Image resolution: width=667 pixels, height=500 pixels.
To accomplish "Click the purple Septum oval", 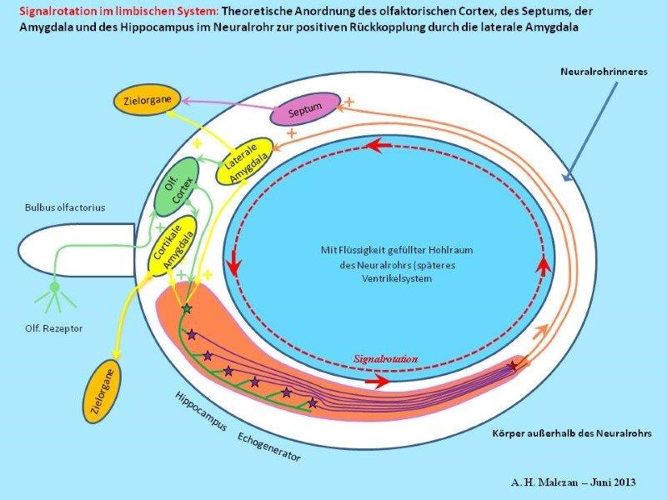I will coord(304,109).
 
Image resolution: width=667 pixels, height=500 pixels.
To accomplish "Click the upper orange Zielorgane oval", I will coord(149,100).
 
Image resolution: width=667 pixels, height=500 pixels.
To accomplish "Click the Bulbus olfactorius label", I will coord(58,207).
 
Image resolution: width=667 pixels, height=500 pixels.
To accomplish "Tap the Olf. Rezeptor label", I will coord(53,328).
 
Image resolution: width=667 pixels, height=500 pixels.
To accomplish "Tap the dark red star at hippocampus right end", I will coord(514,365).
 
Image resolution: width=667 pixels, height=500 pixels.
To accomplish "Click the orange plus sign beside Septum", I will coord(349,101).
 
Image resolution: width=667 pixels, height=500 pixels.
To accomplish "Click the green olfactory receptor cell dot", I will coord(54,287).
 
